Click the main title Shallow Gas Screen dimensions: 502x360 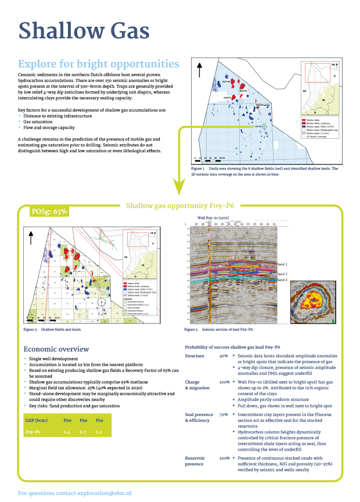[84, 31]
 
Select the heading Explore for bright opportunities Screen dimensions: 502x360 [99, 64]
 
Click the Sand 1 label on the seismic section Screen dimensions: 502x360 [283, 264]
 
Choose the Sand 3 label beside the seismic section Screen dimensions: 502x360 [283, 280]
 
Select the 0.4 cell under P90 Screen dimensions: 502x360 [67, 432]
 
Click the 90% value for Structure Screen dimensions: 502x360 [224, 356]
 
